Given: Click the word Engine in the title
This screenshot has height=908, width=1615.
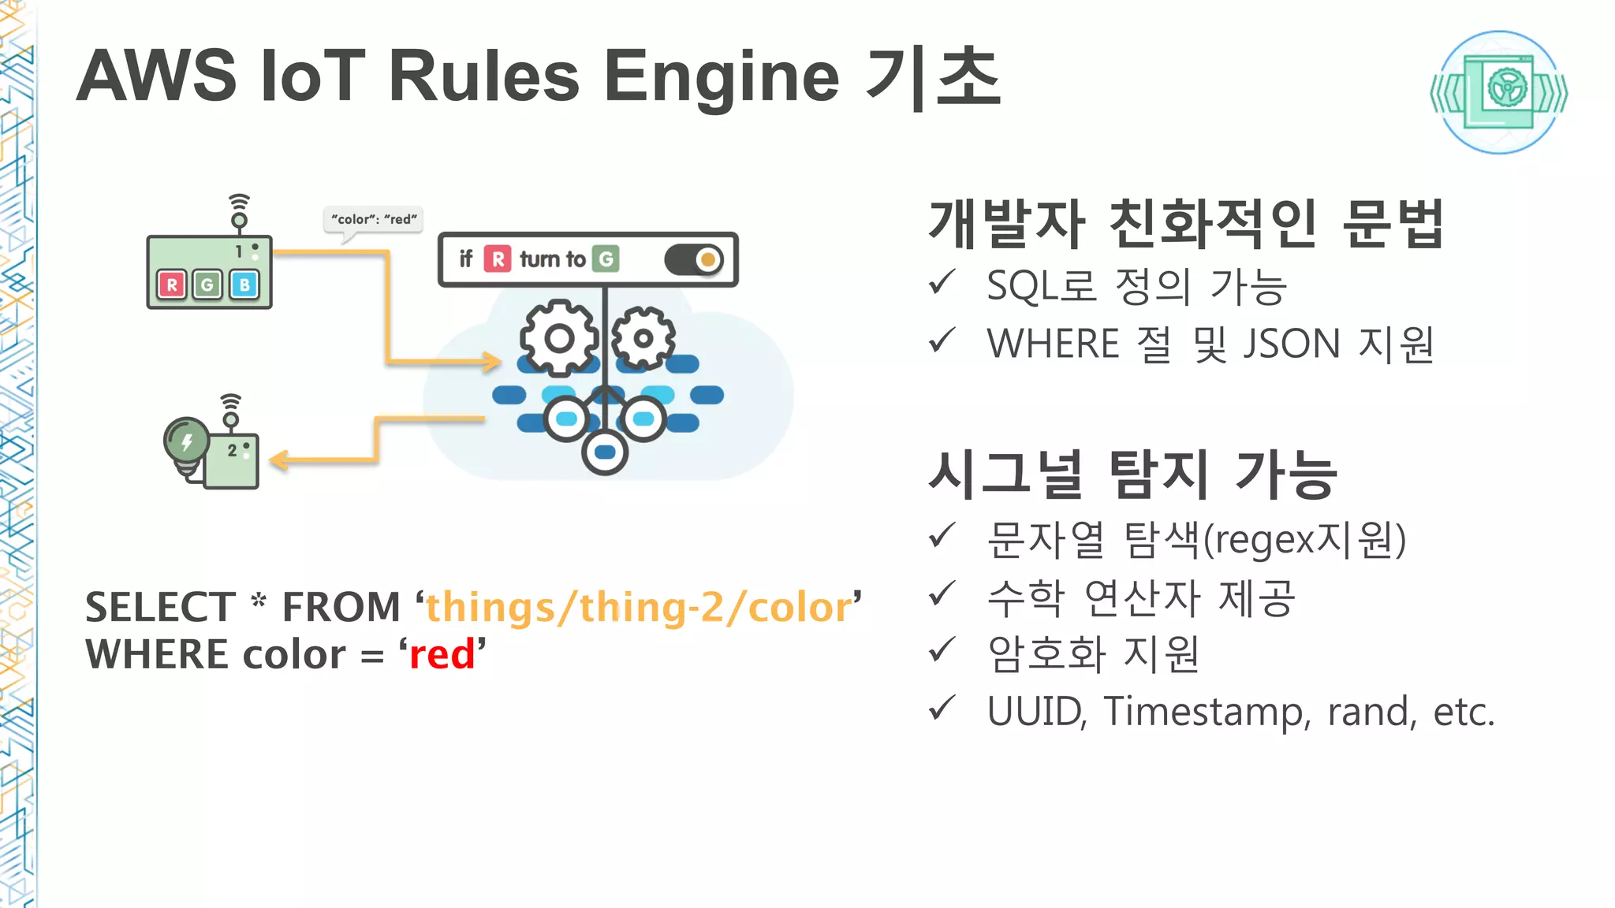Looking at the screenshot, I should pos(721,77).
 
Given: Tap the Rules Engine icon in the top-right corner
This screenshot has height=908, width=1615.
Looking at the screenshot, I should pos(1499,92).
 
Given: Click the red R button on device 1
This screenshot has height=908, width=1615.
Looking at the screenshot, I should pos(172,285).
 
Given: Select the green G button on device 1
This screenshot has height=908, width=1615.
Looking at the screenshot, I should pos(207,285).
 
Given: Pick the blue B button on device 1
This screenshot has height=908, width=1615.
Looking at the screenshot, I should pos(244,285).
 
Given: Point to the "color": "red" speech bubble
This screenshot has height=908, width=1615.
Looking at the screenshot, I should pos(374,219).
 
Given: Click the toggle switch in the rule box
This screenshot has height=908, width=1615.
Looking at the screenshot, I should pos(694,259).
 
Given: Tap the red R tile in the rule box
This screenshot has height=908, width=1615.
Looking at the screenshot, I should pos(498,259).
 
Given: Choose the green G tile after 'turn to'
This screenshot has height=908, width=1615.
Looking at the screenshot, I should pos(606,259).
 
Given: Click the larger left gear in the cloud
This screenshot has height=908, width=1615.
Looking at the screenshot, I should pos(559,338).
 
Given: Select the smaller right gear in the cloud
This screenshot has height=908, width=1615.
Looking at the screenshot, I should pos(643,338).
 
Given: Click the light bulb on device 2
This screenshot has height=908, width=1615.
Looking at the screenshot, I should pos(186,441).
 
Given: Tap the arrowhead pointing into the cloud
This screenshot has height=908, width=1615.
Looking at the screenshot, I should pos(492,362).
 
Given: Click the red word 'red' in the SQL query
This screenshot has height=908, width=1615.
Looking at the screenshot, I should pos(442,654).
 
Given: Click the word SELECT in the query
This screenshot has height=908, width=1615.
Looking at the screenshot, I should pos(160,608).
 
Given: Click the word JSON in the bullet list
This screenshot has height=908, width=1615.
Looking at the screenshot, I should pos(1292,344).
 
